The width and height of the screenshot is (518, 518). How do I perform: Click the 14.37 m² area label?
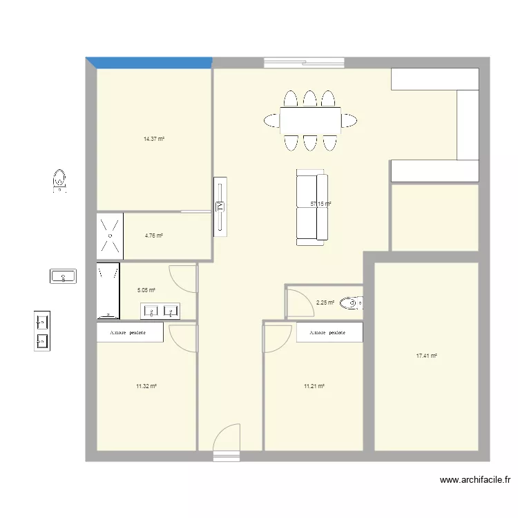(x=153, y=139)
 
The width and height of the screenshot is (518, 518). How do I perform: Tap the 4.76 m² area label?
(x=153, y=236)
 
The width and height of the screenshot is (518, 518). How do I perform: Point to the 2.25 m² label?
(x=325, y=303)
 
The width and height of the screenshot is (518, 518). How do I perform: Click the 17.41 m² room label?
(x=426, y=356)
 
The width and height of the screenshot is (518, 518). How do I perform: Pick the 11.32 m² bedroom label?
(x=146, y=386)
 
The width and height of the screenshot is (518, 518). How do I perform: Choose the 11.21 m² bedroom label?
(x=314, y=386)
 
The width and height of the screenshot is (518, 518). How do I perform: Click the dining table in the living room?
(x=310, y=120)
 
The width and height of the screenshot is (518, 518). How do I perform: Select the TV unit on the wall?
(x=220, y=207)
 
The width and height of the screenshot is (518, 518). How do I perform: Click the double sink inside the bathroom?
(x=160, y=311)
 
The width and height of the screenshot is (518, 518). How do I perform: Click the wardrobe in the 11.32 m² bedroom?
(x=130, y=332)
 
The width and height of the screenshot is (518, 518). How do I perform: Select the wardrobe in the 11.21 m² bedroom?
(x=329, y=332)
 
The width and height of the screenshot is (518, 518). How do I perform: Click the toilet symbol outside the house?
(x=61, y=180)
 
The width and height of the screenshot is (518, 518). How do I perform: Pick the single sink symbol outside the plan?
(x=64, y=276)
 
